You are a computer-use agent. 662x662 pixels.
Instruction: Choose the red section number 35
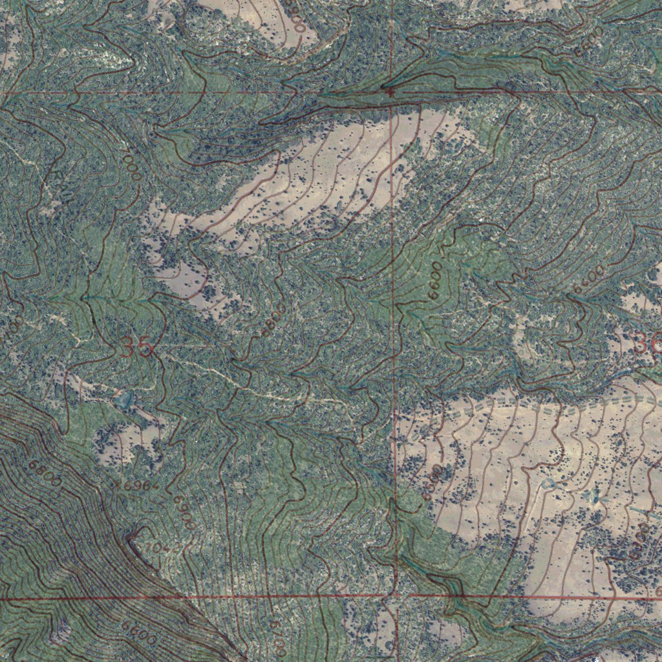(137, 348)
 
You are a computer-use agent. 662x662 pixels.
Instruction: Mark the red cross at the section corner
(390, 92)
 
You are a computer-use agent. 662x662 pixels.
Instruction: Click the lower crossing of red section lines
(393, 596)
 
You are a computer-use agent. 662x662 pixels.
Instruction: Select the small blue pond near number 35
(123, 401)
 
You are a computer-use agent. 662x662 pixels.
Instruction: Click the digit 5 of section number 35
(145, 348)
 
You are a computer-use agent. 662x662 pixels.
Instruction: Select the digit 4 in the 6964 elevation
(154, 486)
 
